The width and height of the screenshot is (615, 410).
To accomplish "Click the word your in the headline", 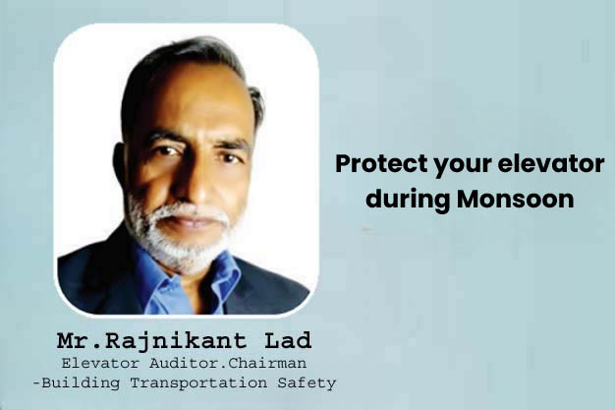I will (x=458, y=164).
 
